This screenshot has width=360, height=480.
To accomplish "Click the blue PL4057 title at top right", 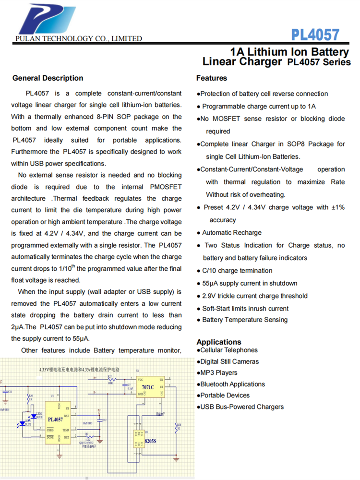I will (315, 35).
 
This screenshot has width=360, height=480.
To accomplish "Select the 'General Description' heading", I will (48, 78).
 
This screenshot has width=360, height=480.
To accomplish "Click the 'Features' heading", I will (212, 78).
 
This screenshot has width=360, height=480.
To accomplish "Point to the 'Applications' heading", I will (219, 342).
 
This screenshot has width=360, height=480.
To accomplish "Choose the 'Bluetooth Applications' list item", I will (232, 384).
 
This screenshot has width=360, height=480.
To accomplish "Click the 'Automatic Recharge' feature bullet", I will (231, 233).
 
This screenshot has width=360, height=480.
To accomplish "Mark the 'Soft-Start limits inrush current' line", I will (245, 309).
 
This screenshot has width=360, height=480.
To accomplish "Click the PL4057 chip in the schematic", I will (56, 419).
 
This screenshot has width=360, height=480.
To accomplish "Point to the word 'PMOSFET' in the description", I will (163, 187).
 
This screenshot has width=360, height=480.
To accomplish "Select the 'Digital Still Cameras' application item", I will (229, 362).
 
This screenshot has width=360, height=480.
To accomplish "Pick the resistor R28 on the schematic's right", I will (176, 427).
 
